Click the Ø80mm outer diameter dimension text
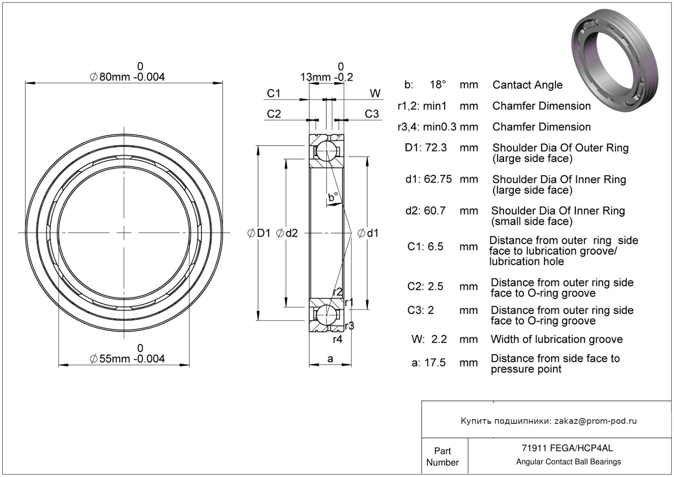(127, 77)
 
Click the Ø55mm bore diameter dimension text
(127, 359)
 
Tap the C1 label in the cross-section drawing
(274, 94)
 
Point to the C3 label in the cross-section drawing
(372, 114)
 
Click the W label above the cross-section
(375, 94)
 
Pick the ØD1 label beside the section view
(259, 233)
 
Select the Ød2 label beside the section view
(287, 233)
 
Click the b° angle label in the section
(333, 197)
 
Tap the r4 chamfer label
(337, 339)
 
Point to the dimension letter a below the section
(330, 359)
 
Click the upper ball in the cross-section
(326, 151)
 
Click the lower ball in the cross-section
(326, 314)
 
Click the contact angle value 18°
(437, 85)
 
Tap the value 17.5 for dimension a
(436, 363)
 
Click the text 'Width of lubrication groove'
(556, 339)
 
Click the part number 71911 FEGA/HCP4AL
(568, 448)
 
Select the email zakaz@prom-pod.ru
(595, 421)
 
